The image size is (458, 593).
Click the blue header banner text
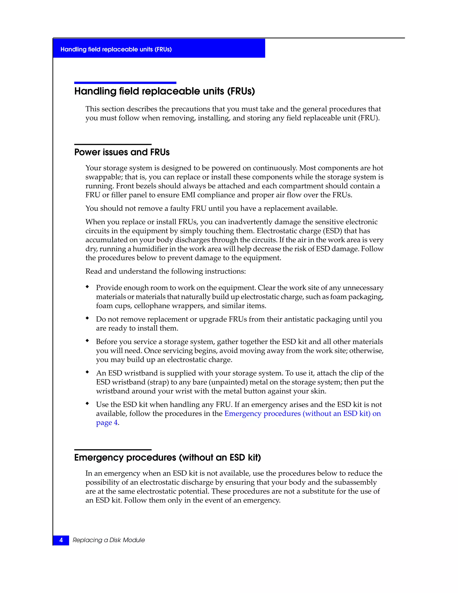[x=116, y=49]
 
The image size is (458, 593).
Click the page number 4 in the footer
[x=61, y=540]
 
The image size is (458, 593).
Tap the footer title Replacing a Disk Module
[x=108, y=540]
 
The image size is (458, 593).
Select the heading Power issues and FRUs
[x=122, y=152]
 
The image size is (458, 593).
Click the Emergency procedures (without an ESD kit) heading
[x=168, y=458]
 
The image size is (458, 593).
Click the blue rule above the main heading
[x=125, y=83]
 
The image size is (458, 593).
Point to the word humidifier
[x=150, y=249]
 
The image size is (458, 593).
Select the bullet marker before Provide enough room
[x=87, y=287]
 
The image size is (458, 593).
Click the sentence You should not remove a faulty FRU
[x=211, y=209]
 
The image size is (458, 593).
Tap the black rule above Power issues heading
[x=113, y=145]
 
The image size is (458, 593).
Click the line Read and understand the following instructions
[x=165, y=271]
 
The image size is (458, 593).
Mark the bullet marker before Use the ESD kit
[x=87, y=404]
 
